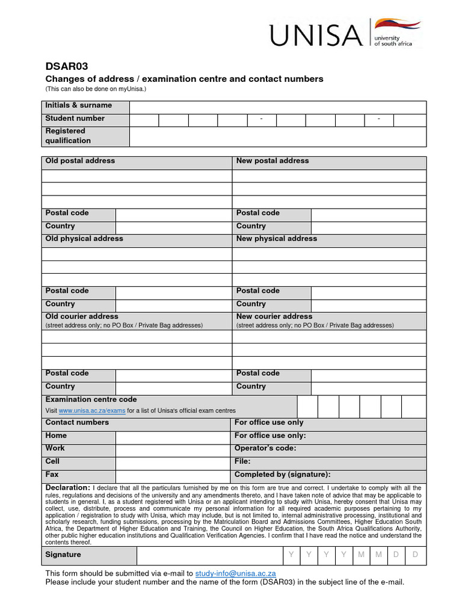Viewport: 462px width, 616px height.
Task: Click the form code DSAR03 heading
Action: pos(63,67)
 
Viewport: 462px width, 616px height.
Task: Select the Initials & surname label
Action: pos(78,105)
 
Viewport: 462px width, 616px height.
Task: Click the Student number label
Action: pos(75,119)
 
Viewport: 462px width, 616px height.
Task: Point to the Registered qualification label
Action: pos(68,136)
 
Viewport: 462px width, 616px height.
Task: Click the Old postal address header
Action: pos(80,161)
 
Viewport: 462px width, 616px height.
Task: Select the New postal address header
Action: pos(272,161)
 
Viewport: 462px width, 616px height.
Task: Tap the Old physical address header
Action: pos(84,239)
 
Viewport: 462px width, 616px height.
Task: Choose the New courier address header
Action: pos(274,316)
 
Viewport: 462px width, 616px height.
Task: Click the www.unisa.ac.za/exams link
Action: pos(92,410)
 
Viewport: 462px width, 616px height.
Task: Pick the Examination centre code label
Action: pos(91,399)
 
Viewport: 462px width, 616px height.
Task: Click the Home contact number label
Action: pos(56,436)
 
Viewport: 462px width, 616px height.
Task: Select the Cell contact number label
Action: pos(52,461)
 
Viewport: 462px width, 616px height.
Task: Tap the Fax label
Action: pos(52,475)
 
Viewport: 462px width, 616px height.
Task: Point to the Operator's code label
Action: pos(265,448)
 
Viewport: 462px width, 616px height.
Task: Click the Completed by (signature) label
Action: pos(282,475)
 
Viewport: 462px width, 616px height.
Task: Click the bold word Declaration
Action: pos(67,487)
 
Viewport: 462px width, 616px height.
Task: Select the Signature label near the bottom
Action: pos(63,555)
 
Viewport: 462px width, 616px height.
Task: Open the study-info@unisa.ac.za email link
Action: pos(235,573)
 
